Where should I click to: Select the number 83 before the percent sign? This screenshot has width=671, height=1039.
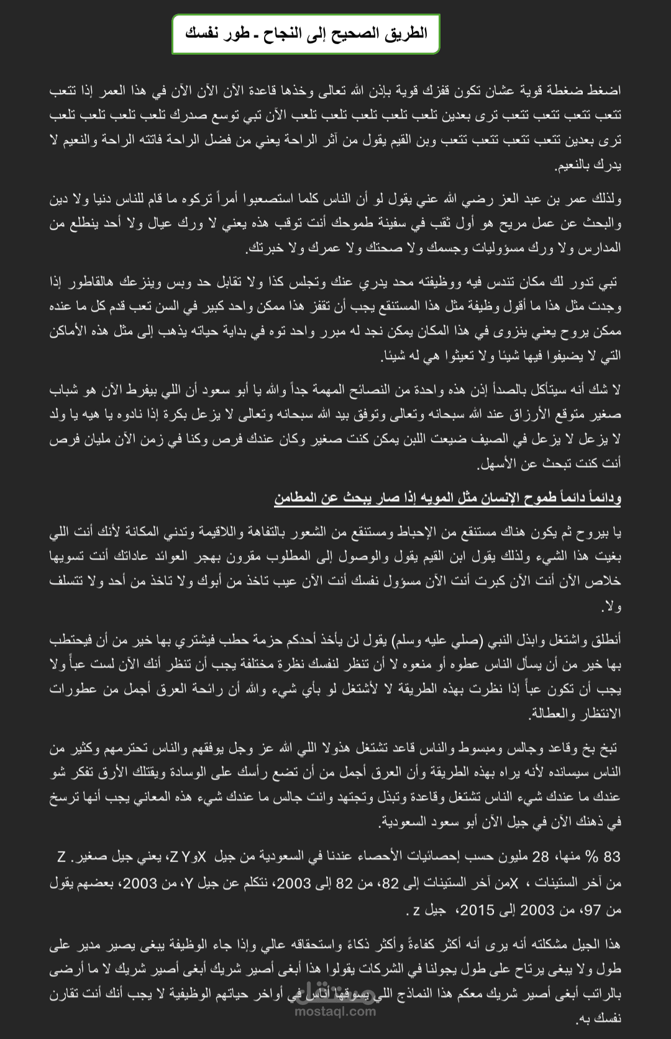pyautogui.click(x=612, y=857)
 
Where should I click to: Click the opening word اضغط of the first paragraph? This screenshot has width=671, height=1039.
pyautogui.click(x=605, y=91)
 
